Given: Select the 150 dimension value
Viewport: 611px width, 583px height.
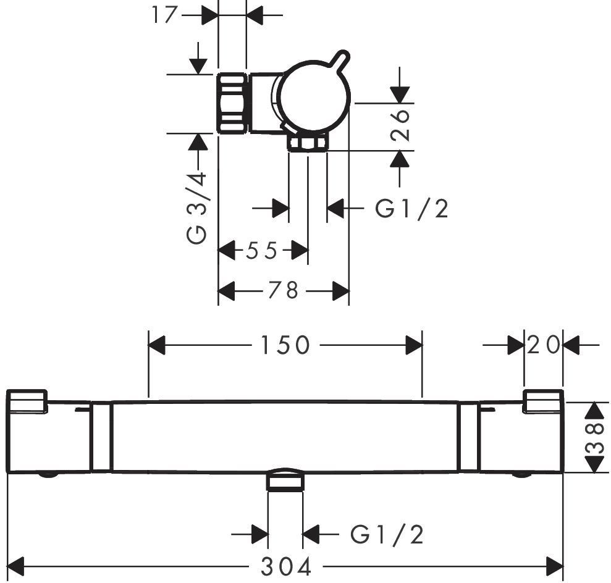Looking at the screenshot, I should coord(284,346).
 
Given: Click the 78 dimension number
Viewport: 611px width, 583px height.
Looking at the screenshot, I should coord(284,290).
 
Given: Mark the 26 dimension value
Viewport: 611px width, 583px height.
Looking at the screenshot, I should coord(402,126).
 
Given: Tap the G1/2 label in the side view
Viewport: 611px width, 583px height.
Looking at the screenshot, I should coord(412,209).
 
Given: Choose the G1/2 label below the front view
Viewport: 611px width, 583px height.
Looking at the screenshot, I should coord(387,534).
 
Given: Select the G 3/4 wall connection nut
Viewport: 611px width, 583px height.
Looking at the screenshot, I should coord(232,103).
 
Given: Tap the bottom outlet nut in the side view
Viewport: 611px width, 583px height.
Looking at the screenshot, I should coord(308,144).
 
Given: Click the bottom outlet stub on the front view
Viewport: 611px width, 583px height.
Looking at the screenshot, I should coord(285,480).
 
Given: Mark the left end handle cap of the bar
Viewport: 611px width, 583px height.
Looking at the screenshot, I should coord(27,401).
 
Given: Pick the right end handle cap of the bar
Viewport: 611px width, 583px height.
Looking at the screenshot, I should coord(543,401).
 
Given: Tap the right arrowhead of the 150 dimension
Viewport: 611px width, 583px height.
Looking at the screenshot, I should coord(413,346).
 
